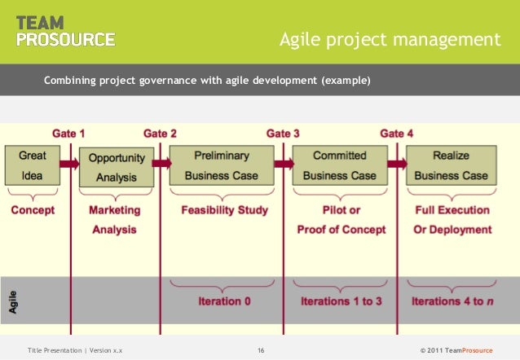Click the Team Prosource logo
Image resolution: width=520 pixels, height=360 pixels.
point(65,30)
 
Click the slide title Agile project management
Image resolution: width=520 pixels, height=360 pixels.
point(389,39)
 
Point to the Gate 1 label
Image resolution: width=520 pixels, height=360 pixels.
point(68,133)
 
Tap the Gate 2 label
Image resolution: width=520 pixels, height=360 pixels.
point(161,133)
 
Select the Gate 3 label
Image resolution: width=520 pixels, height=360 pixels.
point(283,133)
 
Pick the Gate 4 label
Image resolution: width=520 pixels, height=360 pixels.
point(397,133)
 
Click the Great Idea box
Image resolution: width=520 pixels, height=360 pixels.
point(33,165)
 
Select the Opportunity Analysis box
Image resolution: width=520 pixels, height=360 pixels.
point(117,167)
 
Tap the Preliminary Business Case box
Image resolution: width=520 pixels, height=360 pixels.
point(221,165)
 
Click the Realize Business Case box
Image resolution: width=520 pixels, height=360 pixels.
point(451,165)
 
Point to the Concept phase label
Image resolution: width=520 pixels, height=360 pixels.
point(33,210)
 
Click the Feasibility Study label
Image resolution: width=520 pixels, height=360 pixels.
point(224,210)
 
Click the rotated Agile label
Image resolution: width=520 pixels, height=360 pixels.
point(13,301)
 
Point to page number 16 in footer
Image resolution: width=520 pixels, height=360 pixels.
point(260,350)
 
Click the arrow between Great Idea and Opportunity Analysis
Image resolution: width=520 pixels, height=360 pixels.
point(69,164)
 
